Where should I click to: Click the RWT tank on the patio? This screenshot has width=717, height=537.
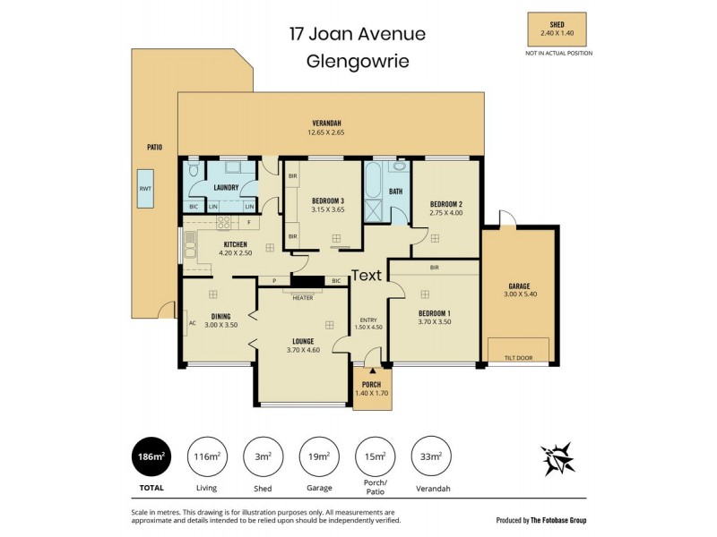[x=145, y=189]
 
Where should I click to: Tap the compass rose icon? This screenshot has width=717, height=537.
[x=557, y=458]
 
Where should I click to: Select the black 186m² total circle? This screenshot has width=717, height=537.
[x=151, y=456]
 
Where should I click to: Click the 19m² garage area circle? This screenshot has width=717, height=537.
[x=319, y=456]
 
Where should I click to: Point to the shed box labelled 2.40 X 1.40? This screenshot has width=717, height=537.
[x=557, y=30]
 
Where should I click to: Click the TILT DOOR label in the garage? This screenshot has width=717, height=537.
[x=519, y=358]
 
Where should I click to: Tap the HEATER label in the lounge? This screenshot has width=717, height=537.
[x=303, y=298]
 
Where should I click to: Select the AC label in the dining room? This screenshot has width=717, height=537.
[x=193, y=323]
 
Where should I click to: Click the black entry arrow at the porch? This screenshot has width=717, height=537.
[x=373, y=371]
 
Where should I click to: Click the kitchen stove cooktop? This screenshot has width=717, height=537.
[x=223, y=222]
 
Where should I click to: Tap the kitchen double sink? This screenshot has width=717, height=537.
[x=190, y=246]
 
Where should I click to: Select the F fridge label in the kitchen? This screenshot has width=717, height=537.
[x=249, y=222]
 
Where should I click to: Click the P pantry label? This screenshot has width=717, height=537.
[x=274, y=281]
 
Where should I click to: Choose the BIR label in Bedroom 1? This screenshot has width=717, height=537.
[x=435, y=268]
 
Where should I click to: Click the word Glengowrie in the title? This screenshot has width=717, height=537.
[x=358, y=61]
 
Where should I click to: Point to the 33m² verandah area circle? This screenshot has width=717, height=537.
[x=432, y=456]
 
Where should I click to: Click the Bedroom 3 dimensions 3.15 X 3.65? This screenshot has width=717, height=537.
[x=328, y=209]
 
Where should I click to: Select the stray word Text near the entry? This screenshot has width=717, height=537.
[x=367, y=276]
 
